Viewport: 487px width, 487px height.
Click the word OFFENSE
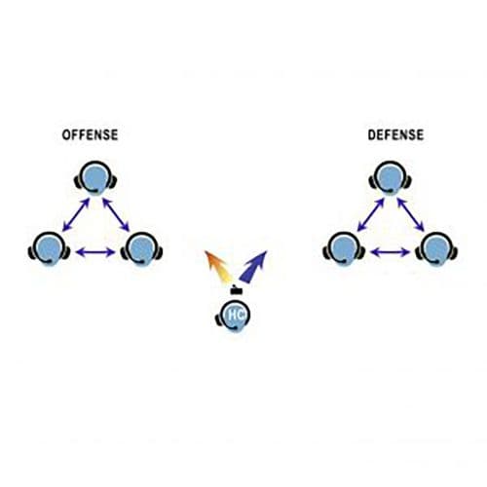pyautogui.click(x=90, y=134)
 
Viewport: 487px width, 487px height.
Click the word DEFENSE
pyautogui.click(x=395, y=134)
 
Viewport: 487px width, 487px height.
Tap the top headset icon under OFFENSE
pyautogui.click(x=95, y=178)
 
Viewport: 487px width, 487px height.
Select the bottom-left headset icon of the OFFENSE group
pyautogui.click(x=49, y=248)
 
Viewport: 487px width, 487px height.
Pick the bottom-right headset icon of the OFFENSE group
pyautogui.click(x=141, y=248)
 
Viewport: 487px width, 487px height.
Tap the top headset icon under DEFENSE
pyautogui.click(x=391, y=178)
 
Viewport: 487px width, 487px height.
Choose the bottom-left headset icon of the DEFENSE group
pyautogui.click(x=344, y=248)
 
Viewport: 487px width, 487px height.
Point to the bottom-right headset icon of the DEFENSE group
pyautogui.click(x=436, y=248)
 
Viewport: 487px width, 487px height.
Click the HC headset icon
pyautogui.click(x=233, y=316)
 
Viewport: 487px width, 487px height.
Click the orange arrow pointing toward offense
pyautogui.click(x=217, y=266)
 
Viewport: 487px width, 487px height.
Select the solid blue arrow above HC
pyautogui.click(x=253, y=267)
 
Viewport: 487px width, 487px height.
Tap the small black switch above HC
pyautogui.click(x=236, y=290)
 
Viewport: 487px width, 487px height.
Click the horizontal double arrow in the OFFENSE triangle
pyautogui.click(x=95, y=252)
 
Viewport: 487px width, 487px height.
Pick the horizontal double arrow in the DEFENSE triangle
pyautogui.click(x=391, y=252)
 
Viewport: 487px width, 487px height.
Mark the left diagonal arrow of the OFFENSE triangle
pyautogui.click(x=76, y=215)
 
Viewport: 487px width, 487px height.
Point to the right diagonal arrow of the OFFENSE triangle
pyautogui.click(x=116, y=215)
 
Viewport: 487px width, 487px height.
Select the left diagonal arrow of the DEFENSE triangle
pyautogui.click(x=371, y=215)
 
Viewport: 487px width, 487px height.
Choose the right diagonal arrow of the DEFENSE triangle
pyautogui.click(x=411, y=215)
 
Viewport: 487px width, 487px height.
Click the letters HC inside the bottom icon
pyautogui.click(x=236, y=315)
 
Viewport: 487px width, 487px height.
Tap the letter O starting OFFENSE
pyautogui.click(x=65, y=135)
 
